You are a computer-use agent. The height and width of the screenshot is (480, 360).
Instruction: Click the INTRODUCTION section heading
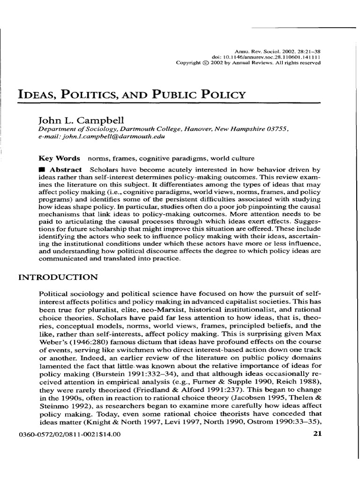coord(58,277)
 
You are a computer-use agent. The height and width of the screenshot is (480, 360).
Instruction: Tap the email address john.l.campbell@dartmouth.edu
coord(98,137)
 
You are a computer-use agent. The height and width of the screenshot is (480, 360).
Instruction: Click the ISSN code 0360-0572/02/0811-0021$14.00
coord(69,434)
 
